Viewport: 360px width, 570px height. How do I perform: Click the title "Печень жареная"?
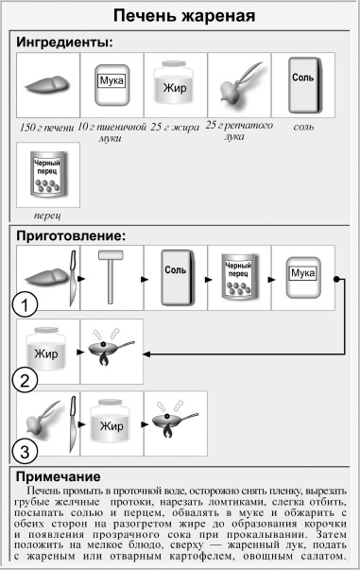(180, 16)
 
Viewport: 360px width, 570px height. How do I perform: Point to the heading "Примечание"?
(64, 476)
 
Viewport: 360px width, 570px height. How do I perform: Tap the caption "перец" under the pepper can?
(47, 215)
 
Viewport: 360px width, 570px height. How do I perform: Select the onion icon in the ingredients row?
(238, 86)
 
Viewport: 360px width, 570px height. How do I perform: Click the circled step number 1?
(26, 304)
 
